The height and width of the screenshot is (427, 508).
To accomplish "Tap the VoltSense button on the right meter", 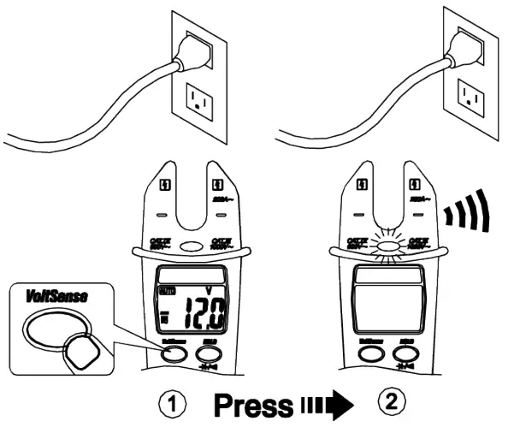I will coord(369,351).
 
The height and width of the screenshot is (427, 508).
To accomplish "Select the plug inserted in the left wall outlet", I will coord(189,53).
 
